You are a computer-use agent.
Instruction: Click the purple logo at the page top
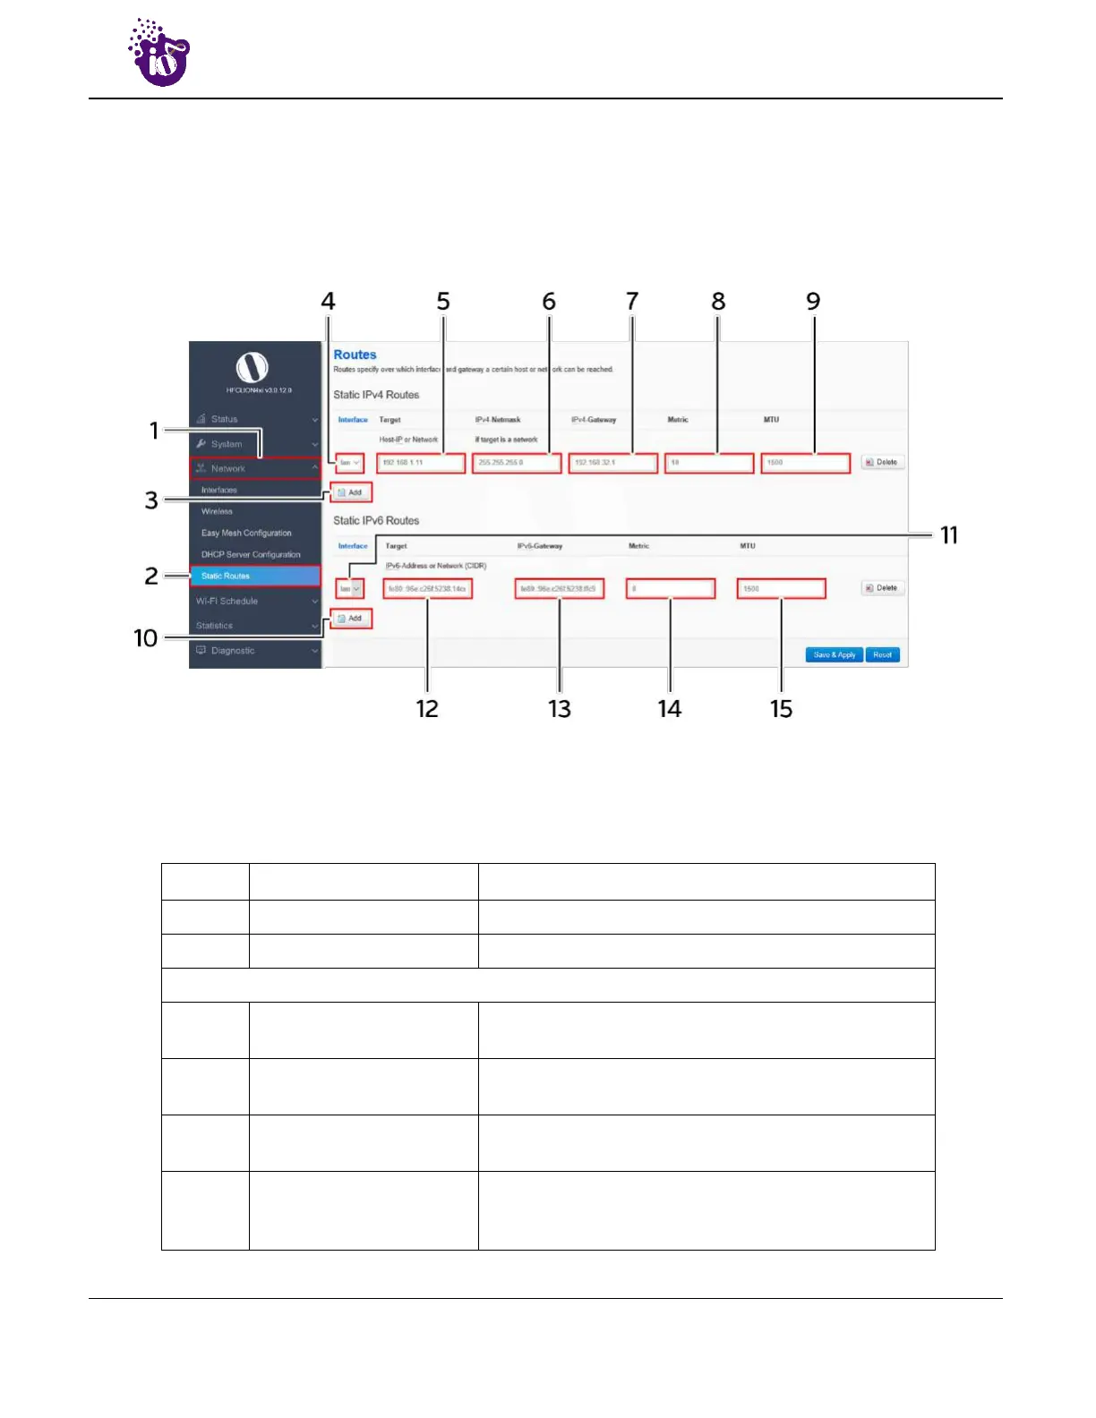pos(159,54)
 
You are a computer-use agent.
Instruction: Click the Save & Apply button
pos(834,654)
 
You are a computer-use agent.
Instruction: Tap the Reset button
pos(882,654)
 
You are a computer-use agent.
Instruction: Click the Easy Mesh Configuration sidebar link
pos(246,533)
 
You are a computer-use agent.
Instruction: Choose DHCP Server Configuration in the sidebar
pos(251,554)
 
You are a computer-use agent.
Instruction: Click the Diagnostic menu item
pos(233,651)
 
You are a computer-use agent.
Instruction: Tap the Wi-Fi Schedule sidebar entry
pos(227,601)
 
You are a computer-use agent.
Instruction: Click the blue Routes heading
pos(355,354)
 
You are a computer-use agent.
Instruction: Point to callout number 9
pos(812,302)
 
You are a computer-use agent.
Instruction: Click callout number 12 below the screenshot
pos(427,709)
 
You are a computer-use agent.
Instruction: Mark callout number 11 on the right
pos(949,535)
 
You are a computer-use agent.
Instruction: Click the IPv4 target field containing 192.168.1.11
pos(421,463)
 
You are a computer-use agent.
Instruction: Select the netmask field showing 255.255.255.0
pos(517,463)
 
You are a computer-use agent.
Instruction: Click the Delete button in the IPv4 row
pos(882,463)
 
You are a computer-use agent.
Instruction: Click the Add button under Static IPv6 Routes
pos(350,619)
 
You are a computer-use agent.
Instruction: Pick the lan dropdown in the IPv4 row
pos(349,463)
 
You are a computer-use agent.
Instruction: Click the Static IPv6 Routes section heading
pos(376,520)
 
